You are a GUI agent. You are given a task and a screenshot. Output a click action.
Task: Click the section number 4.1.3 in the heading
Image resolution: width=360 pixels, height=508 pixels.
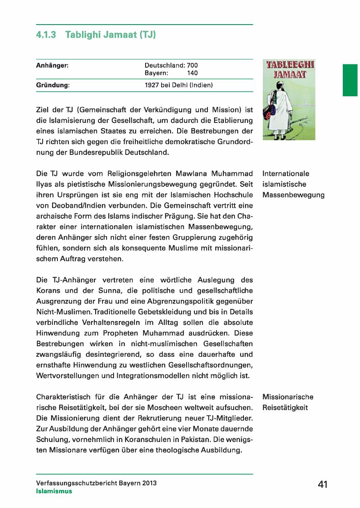point(46,35)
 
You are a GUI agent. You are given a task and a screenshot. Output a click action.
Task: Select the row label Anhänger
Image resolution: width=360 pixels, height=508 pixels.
point(52,65)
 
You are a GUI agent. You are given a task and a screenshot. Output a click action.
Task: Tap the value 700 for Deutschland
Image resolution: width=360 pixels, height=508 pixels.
point(192,65)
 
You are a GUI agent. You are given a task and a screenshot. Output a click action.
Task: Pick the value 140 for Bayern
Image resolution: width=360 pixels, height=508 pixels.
point(192,73)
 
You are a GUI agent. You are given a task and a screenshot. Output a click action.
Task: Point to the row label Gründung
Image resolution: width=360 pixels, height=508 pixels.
point(52,86)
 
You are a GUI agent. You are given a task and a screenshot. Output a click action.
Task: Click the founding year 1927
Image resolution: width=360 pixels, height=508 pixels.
point(152,86)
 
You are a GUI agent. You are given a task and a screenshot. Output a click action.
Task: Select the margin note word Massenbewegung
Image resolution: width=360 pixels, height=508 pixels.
point(293,195)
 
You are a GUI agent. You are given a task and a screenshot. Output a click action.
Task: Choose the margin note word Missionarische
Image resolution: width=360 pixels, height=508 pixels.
point(287,397)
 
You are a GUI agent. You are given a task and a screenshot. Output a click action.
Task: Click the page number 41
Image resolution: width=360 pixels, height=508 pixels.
point(323,484)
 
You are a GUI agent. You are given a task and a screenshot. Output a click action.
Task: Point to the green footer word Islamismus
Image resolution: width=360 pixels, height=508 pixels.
point(54,491)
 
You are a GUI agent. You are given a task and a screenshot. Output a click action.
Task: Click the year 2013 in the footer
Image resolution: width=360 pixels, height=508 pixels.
point(149,483)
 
